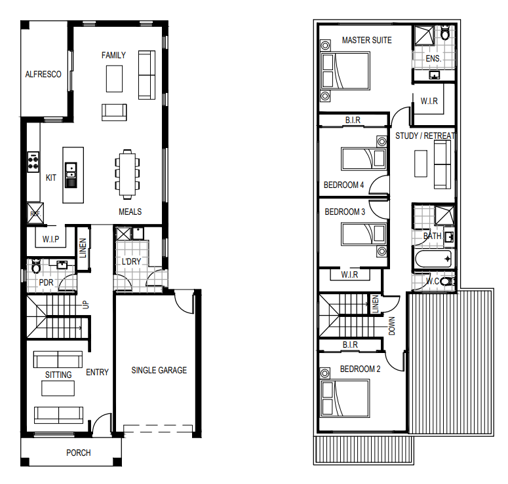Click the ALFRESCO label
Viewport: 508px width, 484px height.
pos(43,75)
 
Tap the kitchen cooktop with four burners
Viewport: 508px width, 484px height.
pos(33,162)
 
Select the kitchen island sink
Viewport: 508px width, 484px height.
pos(71,175)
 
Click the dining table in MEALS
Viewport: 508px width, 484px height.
pos(127,174)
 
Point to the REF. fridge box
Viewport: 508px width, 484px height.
pos(35,214)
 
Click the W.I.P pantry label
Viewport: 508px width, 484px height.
pos(51,239)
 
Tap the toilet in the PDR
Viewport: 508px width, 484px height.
pos(36,266)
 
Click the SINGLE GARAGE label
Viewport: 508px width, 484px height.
pos(159,370)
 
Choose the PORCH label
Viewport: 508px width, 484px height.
pos(79,453)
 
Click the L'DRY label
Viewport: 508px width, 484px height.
pos(131,261)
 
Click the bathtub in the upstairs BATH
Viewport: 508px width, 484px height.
pos(433,259)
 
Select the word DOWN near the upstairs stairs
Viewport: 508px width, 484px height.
pos(392,326)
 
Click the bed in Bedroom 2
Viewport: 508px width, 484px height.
pos(345,399)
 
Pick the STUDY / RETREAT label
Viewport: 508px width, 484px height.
pos(425,136)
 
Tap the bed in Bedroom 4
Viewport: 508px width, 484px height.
pos(364,158)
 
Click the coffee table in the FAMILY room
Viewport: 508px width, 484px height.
pos(114,79)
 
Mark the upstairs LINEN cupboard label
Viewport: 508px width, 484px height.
pos(376,304)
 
